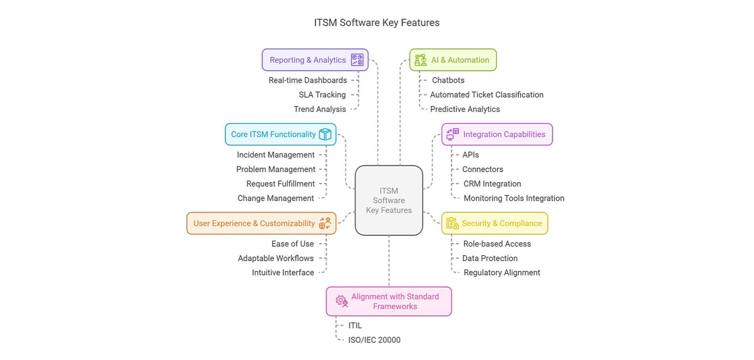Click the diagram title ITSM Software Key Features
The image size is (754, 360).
pos(377,23)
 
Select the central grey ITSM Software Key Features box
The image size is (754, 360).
pos(389,200)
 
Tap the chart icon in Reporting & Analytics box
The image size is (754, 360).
pos(357,60)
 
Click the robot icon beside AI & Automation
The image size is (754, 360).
pos(420,60)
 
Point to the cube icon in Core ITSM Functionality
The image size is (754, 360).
pos(325,135)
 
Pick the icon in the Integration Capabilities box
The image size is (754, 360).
pos(452,134)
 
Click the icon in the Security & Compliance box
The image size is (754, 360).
pos(452,223)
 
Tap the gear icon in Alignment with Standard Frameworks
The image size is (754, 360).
pos(342,301)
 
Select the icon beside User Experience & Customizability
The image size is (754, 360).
pos(325,223)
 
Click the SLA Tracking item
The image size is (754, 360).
pos(322,95)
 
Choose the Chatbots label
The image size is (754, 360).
pos(448,80)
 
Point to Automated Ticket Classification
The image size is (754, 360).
pos(487,95)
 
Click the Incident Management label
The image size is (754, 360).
pos(275,155)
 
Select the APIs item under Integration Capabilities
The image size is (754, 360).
pos(471,155)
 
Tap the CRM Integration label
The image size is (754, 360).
pos(492,184)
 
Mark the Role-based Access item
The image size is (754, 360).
pos(497,244)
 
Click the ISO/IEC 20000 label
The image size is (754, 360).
pos(374,340)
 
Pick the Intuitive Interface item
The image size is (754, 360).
pos(283,273)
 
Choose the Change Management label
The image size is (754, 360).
pos(275,198)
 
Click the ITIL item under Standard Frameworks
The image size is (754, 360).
pos(355,325)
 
